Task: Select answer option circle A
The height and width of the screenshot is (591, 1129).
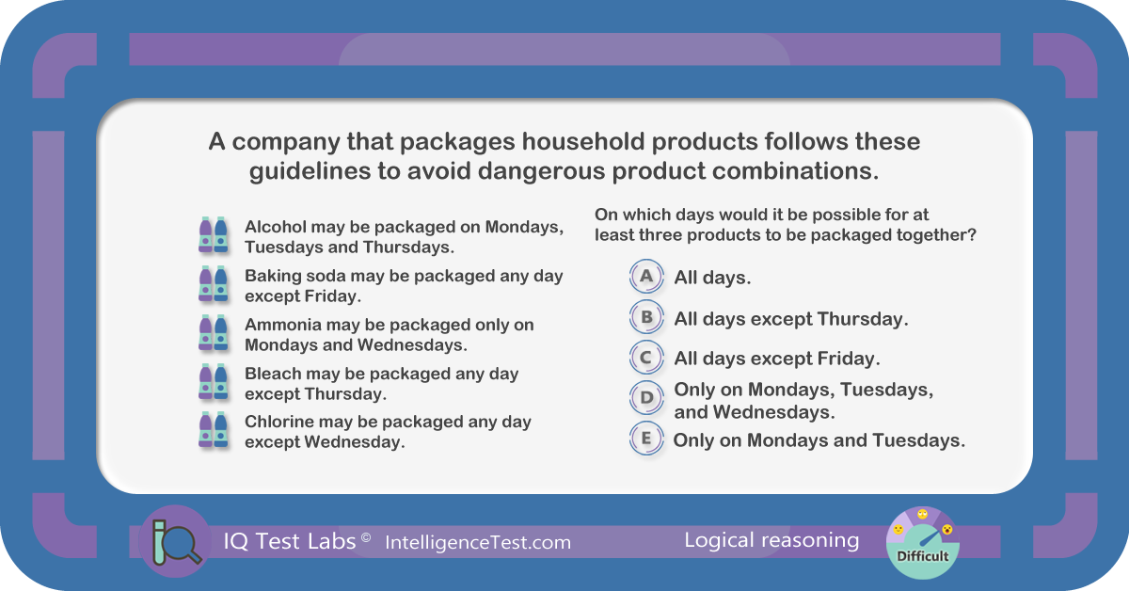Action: point(646,277)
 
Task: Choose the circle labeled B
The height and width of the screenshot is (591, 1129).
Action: point(646,317)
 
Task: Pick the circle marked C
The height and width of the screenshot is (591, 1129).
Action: point(646,358)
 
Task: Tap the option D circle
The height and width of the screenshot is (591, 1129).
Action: point(646,398)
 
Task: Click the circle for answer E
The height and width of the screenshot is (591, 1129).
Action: point(646,439)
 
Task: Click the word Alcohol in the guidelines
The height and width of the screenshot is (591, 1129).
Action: point(275,227)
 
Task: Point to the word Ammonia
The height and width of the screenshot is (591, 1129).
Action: point(283,325)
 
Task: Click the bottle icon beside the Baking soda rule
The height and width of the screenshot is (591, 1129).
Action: point(214,284)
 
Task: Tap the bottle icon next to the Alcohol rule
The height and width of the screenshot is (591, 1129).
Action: point(214,235)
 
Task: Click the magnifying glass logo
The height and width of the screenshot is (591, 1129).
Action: point(176,541)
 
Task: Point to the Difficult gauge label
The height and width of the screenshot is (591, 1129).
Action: point(922,556)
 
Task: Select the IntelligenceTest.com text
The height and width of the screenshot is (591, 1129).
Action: point(478,543)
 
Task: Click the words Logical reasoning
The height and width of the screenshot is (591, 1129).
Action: point(771,540)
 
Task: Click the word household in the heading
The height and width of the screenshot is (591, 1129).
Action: point(582,141)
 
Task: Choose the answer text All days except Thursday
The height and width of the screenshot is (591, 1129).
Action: point(791,319)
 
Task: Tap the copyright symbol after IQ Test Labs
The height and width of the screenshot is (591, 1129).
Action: point(366,537)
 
